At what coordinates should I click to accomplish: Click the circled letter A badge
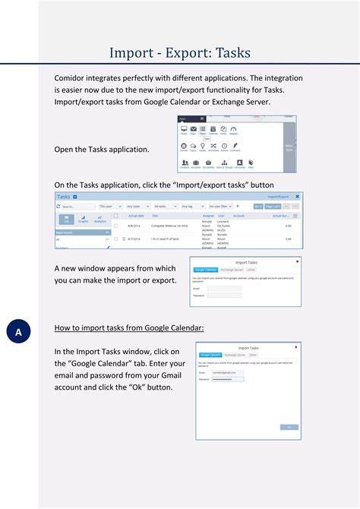point(18,332)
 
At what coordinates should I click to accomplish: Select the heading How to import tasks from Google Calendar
point(129,328)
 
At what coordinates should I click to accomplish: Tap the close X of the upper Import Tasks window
point(297,261)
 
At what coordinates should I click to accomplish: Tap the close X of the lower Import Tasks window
point(297,346)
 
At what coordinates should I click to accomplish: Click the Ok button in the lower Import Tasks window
point(289,427)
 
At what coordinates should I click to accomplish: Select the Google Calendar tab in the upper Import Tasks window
point(206,269)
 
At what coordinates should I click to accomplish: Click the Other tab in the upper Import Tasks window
point(252,269)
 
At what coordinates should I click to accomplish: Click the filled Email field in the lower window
point(227,372)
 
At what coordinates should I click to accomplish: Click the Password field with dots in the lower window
point(227,379)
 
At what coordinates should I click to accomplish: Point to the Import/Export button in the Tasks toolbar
point(278,196)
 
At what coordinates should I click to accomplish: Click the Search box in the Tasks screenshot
point(76,206)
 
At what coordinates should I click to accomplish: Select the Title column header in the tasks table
point(155,216)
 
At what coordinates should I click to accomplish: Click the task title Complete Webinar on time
point(169,226)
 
